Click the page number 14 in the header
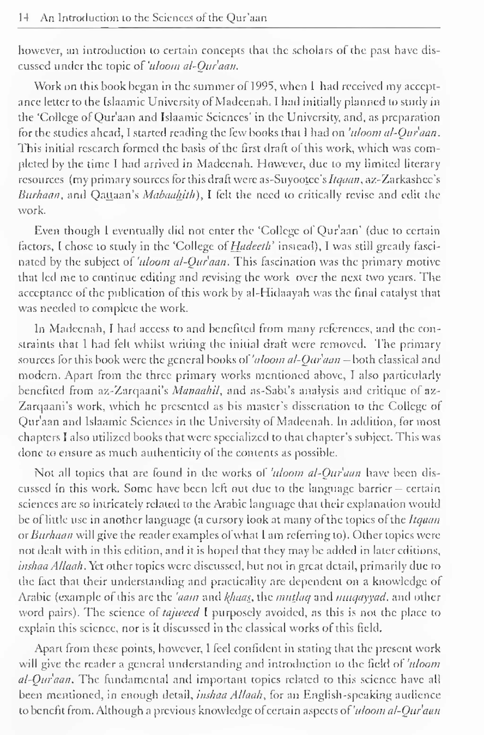23,18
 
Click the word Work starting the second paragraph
45,86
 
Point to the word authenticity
171,453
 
